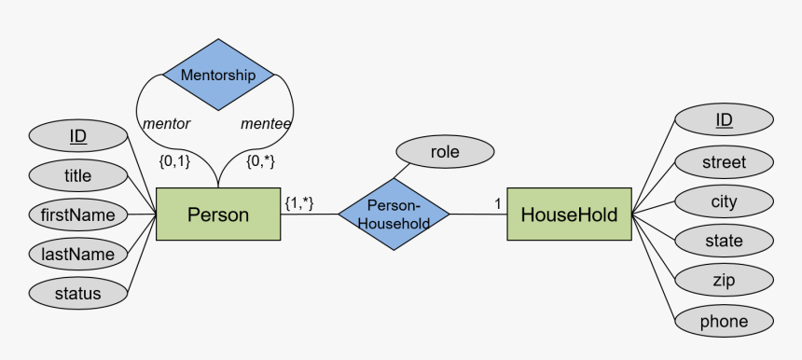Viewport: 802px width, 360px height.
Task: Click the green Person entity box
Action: [218, 215]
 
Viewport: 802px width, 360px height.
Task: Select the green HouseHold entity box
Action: [569, 215]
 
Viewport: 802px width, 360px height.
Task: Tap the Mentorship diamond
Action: [218, 76]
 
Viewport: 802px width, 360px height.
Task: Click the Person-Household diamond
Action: [393, 215]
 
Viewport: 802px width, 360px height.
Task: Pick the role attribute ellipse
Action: [445, 151]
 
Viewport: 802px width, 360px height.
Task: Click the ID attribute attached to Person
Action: [78, 136]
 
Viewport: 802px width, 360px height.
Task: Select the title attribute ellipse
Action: [78, 175]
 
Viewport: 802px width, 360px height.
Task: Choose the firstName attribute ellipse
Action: [78, 215]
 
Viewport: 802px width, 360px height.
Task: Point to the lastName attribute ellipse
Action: [78, 254]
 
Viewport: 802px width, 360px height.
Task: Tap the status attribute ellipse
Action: [78, 294]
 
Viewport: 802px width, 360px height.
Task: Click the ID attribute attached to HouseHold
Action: [724, 119]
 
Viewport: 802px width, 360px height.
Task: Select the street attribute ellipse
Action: [724, 162]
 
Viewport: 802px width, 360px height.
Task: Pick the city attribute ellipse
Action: [724, 201]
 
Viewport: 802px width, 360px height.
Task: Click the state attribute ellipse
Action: [724, 242]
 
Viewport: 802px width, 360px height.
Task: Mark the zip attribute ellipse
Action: [724, 281]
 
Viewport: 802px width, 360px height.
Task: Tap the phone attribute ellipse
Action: [724, 322]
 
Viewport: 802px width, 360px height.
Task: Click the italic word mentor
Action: [167, 123]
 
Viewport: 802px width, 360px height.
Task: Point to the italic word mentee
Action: [266, 123]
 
